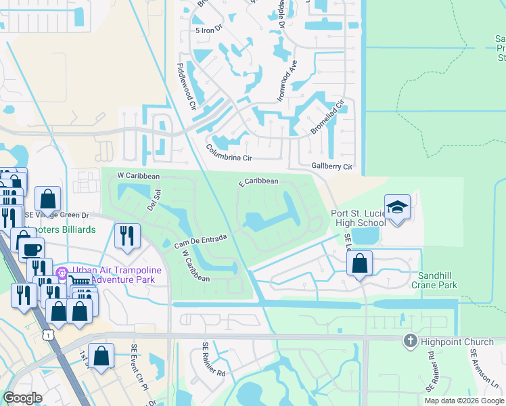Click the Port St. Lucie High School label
pos(359,219)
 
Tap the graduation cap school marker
pos(398,206)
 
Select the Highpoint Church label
pos(449,342)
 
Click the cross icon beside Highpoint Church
pos(409,341)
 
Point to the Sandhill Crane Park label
pos(438,280)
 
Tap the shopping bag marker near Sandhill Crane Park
pos(361,263)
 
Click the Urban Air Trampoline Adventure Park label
pos(116,274)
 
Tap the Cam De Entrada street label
pos(200,239)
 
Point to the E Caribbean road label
pos(258,181)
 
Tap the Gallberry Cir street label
pos(331,166)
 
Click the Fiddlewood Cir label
pos(186,87)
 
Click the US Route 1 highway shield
pos(47,334)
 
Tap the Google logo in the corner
pos(23,398)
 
